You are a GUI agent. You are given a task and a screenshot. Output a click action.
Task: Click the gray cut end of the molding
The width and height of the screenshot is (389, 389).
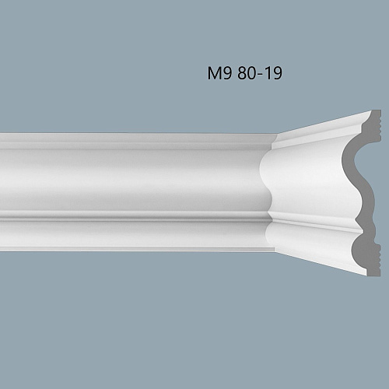coord(359,194)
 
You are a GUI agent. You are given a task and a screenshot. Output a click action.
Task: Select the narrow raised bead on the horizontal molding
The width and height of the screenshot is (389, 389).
coord(132,216)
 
